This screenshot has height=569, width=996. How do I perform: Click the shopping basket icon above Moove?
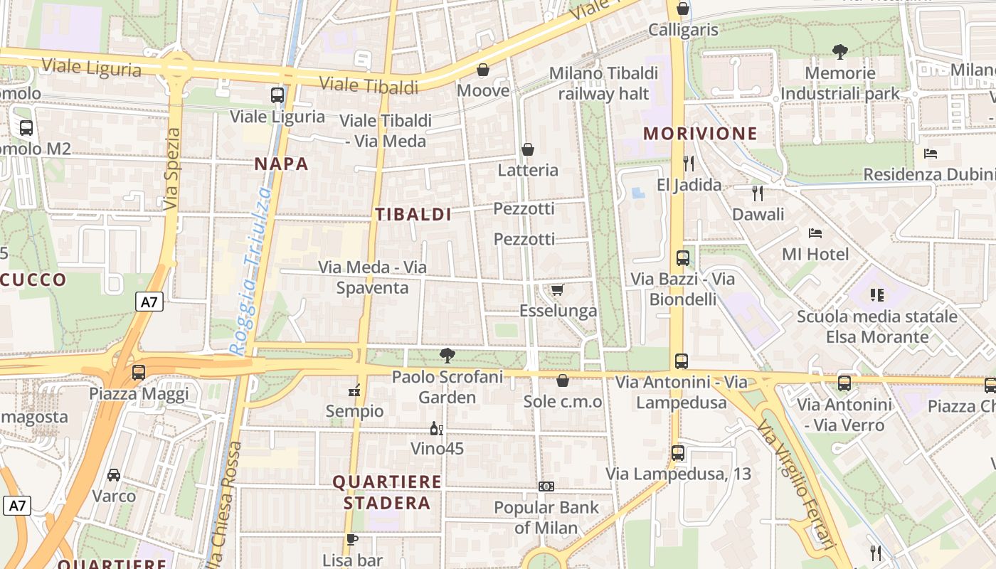[x=483, y=70]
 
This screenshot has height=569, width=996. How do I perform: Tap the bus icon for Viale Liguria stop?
[x=277, y=95]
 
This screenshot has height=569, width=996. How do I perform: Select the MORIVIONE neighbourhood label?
[x=700, y=134]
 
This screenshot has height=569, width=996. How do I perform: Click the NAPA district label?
[x=282, y=164]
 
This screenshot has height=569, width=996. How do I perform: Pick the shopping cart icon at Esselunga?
[x=558, y=289]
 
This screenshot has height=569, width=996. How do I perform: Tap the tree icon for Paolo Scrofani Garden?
[x=447, y=355]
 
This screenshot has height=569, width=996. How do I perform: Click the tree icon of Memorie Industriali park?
[x=840, y=51]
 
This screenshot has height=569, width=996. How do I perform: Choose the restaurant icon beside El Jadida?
[x=688, y=164]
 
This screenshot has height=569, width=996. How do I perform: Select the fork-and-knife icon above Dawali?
[x=758, y=193]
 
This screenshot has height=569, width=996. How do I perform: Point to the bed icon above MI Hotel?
[x=815, y=233]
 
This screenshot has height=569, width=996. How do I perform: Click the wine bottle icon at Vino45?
[x=436, y=428]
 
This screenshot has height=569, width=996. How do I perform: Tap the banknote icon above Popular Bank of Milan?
[x=546, y=486]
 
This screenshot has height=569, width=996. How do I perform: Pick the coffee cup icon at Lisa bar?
[x=351, y=539]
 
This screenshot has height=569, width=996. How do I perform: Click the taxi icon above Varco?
[x=114, y=474]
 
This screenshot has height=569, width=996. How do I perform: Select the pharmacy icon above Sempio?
[x=354, y=390]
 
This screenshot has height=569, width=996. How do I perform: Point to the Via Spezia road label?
[x=171, y=169]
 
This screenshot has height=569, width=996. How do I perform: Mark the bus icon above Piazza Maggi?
[x=139, y=372]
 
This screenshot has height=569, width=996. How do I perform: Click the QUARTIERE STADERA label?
[x=387, y=492]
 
